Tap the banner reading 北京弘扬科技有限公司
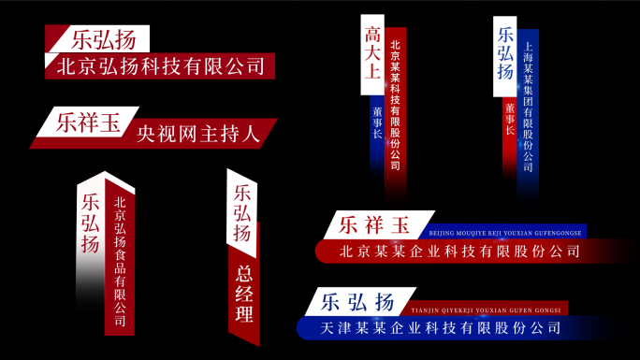tap(160, 66)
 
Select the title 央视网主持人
tap(197, 134)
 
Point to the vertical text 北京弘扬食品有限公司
tap(120, 260)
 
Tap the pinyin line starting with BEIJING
tap(505, 232)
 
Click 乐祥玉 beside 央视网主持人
tap(89, 122)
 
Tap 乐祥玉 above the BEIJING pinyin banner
tap(375, 225)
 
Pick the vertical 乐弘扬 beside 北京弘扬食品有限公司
tap(91, 223)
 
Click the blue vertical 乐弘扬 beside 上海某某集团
tap(505, 53)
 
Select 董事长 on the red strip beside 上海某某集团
tap(510, 119)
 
